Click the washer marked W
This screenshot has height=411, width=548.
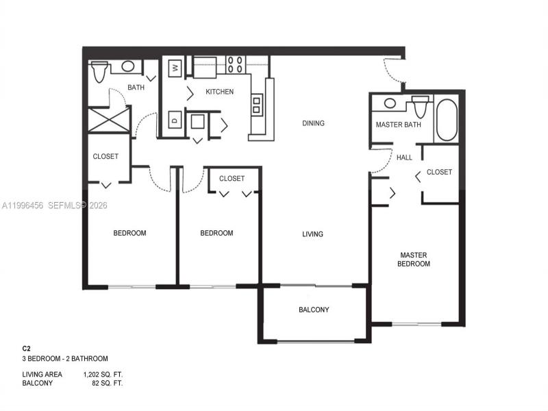click(175, 67)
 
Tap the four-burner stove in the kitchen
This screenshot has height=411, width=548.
click(236, 64)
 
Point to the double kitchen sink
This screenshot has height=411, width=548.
click(257, 105)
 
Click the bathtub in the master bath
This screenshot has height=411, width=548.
click(446, 120)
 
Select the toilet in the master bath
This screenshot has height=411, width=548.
click(419, 107)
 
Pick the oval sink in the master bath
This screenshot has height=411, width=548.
click(390, 103)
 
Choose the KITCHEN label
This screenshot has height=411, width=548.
click(219, 92)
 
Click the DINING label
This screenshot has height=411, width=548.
click(313, 123)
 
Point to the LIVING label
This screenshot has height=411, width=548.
click(312, 234)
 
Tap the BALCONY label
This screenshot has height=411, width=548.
click(314, 310)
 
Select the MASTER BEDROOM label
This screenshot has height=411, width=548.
click(415, 260)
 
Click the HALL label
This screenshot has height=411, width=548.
click(404, 158)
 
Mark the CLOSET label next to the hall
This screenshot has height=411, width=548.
click(439, 172)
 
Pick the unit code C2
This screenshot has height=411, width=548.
click(27, 349)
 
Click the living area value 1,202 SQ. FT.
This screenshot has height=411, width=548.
click(103, 375)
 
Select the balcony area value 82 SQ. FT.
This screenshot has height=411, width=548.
click(107, 383)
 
